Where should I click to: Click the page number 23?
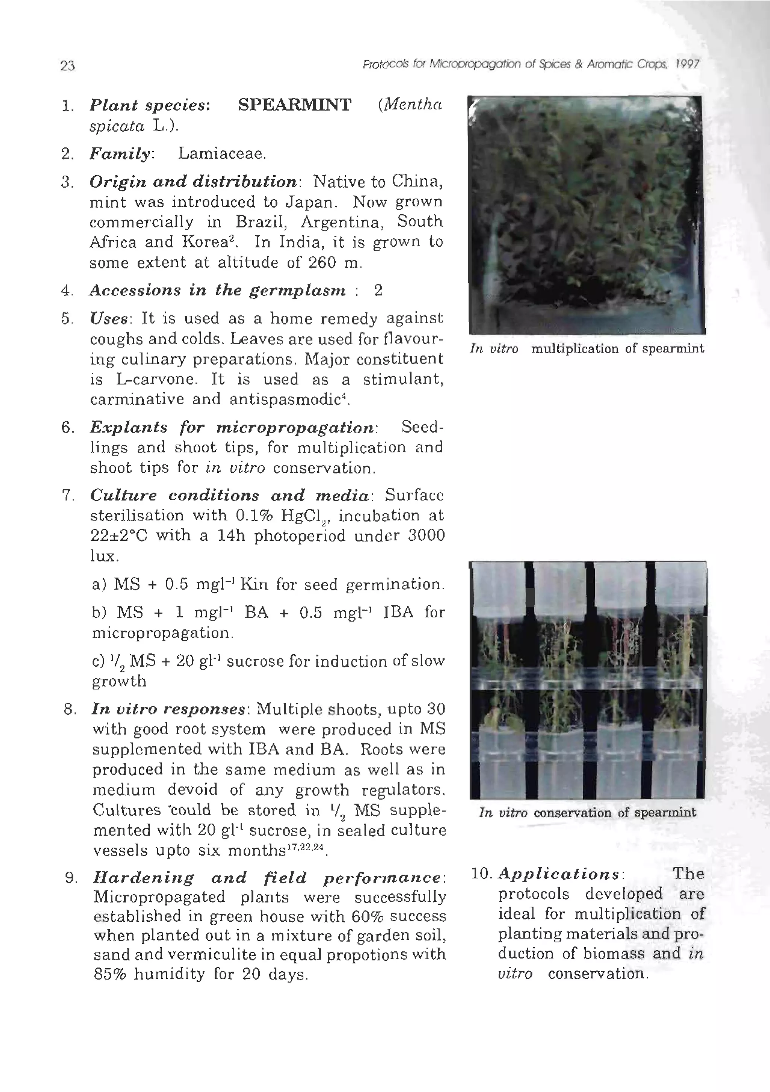pos(68,66)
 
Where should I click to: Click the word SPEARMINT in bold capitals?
pos(294,105)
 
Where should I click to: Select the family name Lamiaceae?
pos(221,154)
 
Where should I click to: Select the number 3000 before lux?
pos(426,536)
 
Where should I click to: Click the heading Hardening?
pos(143,878)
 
